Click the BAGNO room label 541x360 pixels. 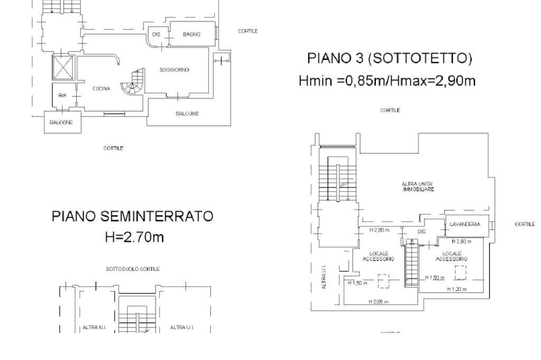pyautogui.click(x=191, y=34)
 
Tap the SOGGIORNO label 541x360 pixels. pyautogui.click(x=174, y=70)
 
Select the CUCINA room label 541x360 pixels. pyautogui.click(x=101, y=89)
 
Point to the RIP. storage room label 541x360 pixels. pyautogui.click(x=62, y=96)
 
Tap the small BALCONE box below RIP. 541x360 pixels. pyautogui.click(x=62, y=122)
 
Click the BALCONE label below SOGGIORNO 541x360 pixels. pyautogui.click(x=187, y=113)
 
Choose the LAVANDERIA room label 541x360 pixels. pyautogui.click(x=465, y=225)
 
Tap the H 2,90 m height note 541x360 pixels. pyautogui.click(x=379, y=230)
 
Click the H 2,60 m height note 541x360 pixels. pyautogui.click(x=461, y=241)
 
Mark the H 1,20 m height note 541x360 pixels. pyautogui.click(x=458, y=289)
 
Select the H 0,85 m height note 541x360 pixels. pyautogui.click(x=378, y=301)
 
